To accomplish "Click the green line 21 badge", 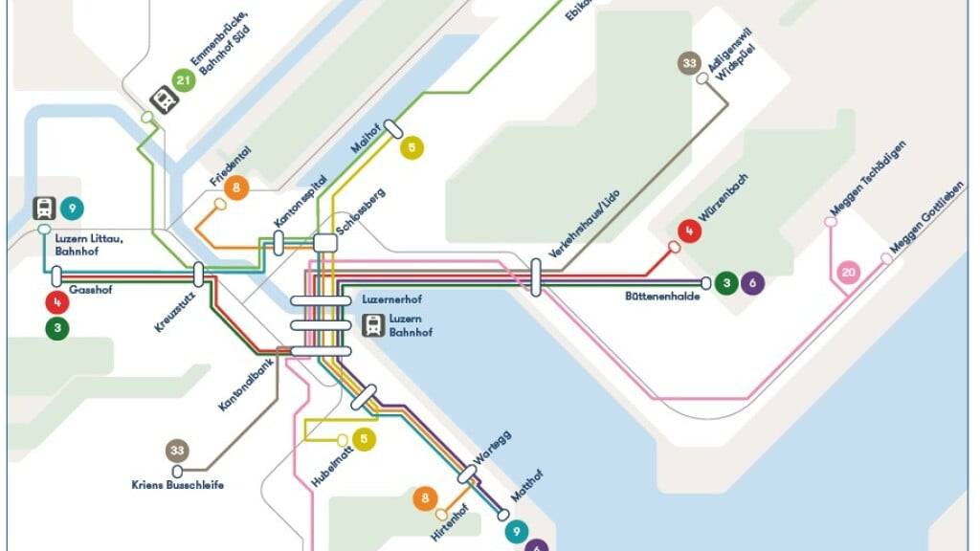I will (x=185, y=80).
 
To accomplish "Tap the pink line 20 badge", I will (x=848, y=273).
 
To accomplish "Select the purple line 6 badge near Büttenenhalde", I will (x=752, y=282).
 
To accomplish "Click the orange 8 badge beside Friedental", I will (x=236, y=187).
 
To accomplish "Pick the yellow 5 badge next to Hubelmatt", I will (x=364, y=440).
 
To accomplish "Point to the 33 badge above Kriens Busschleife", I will (x=177, y=450).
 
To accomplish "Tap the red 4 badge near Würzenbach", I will (x=688, y=231).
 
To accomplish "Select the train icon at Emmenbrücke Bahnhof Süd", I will (x=164, y=99).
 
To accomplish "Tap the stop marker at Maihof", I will (x=392, y=130).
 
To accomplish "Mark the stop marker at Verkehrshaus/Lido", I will (x=536, y=276).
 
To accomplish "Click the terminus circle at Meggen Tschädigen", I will (x=830, y=222).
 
